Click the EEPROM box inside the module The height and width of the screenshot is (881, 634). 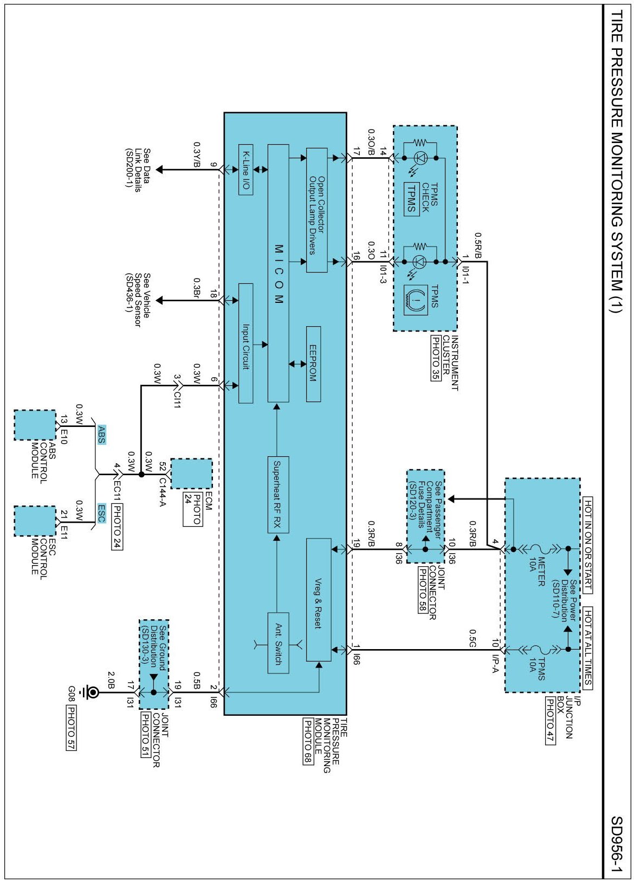click(x=313, y=364)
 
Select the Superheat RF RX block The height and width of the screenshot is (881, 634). click(x=278, y=494)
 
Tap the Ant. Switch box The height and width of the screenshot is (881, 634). click(x=278, y=643)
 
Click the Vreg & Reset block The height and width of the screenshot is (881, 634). click(x=319, y=599)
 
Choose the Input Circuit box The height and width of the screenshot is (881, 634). click(x=245, y=343)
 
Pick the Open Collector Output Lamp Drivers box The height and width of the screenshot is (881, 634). click(x=316, y=210)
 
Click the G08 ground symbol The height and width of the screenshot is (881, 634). click(x=93, y=692)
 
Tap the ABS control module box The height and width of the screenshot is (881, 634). click(x=35, y=425)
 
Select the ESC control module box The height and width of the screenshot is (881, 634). click(x=35, y=521)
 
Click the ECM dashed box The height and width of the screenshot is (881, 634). click(x=191, y=474)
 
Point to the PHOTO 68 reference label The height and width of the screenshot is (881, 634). click(x=308, y=741)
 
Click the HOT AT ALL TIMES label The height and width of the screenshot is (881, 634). click(x=588, y=648)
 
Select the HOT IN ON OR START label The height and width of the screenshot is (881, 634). click(x=588, y=544)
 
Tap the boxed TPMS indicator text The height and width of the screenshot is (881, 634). click(x=411, y=199)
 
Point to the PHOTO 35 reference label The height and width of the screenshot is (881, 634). click(x=436, y=358)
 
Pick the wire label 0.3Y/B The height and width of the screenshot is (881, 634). click(x=197, y=154)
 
